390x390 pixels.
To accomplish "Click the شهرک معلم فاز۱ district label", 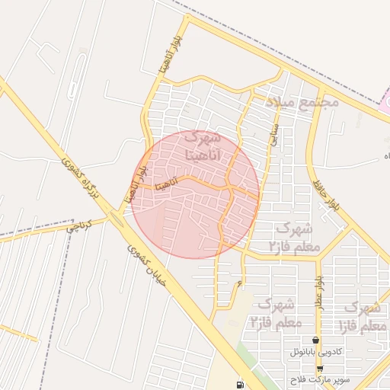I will [x=362, y=316].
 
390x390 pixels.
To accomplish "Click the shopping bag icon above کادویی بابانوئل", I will [x=316, y=340].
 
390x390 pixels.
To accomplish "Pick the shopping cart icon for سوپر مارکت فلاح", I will [x=319, y=368].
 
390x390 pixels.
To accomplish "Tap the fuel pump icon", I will [x=241, y=384].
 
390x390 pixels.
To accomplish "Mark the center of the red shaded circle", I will [x=195, y=194].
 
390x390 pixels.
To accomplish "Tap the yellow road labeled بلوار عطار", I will [x=315, y=305].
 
